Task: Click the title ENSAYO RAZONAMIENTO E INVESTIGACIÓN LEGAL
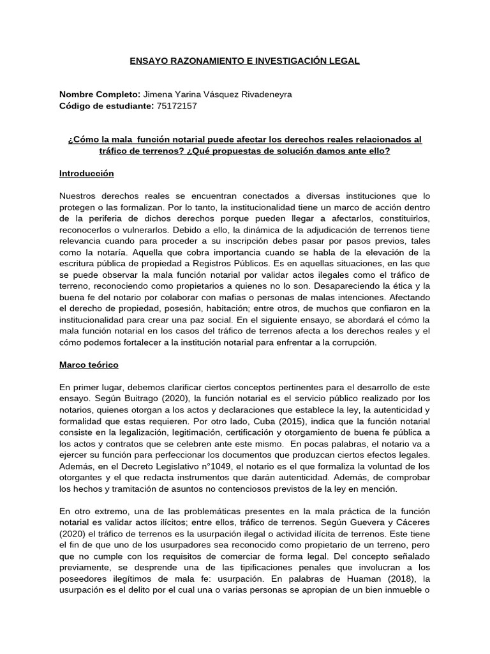pos(245,61)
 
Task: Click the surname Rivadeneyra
pos(265,95)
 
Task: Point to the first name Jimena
pos(160,95)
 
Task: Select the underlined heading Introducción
pos(86,173)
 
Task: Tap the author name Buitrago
pos(137,397)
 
